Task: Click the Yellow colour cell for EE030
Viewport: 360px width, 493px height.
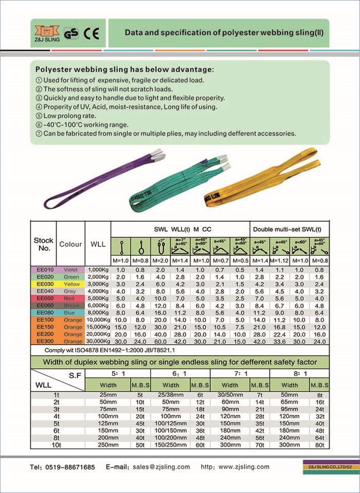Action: click(70, 284)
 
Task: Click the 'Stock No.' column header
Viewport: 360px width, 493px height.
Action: click(43, 244)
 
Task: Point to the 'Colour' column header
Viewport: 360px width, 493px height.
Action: click(70, 244)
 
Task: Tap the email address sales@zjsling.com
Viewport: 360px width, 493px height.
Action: click(161, 467)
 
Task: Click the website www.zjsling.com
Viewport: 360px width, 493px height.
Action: click(244, 467)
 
